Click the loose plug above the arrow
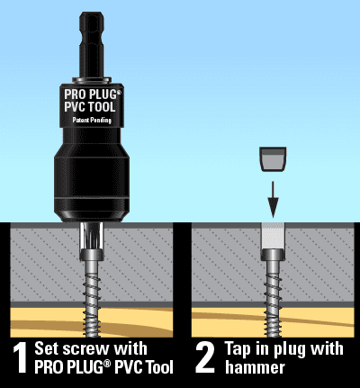point(272,160)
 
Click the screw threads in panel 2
point(272,293)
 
